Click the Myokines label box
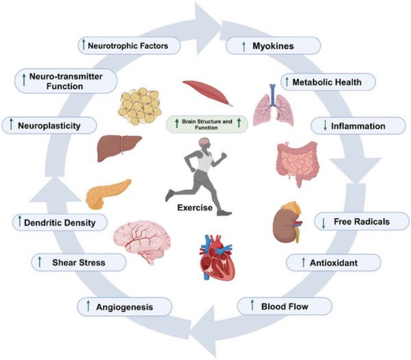pyautogui.click(x=273, y=46)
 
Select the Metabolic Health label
pyautogui.click(x=328, y=82)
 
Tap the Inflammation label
pyautogui.click(x=358, y=126)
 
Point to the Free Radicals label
pyautogui.click(x=362, y=222)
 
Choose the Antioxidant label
pyautogui.click(x=333, y=262)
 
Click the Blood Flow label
pyautogui.click(x=285, y=306)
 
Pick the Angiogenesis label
pyautogui.click(x=125, y=307)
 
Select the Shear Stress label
pyautogui.click(x=78, y=262)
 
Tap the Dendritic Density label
pyautogui.click(x=60, y=222)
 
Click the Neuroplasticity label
pyautogui.click(x=49, y=125)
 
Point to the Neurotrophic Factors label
pyautogui.click(x=129, y=45)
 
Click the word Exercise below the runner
pyautogui.click(x=195, y=208)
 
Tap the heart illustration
pyautogui.click(x=216, y=257)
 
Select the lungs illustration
pyautogui.click(x=273, y=105)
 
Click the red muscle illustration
pyautogui.click(x=207, y=93)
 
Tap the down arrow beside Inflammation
pyautogui.click(x=325, y=126)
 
